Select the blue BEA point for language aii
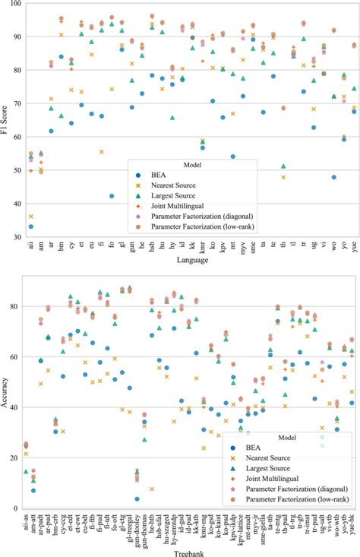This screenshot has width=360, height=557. click(30, 226)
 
